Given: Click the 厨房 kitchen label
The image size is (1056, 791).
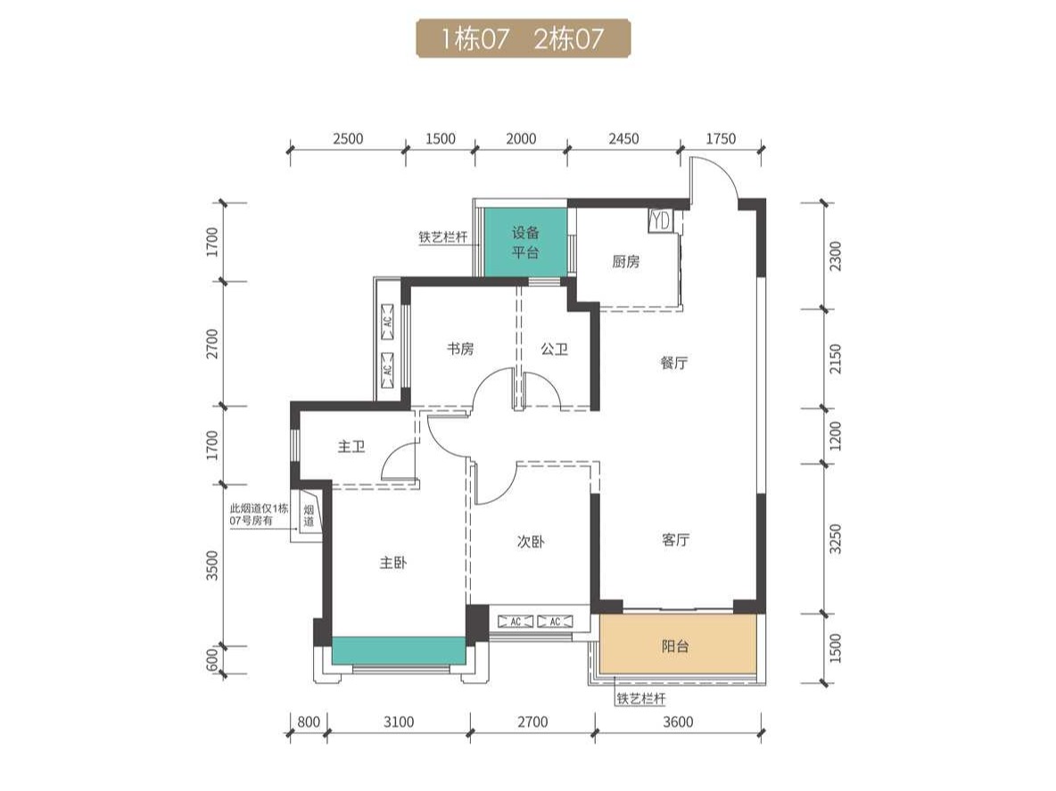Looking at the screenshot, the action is click(x=625, y=262).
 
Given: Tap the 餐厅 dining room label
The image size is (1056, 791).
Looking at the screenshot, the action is click(x=674, y=363).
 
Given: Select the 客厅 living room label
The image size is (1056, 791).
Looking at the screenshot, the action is click(x=675, y=540).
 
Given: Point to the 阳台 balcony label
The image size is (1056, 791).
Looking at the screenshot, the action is click(x=675, y=647).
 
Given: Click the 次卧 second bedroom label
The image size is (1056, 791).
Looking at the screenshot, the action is click(x=531, y=541).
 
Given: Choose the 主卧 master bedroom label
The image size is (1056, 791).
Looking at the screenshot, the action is click(x=393, y=562).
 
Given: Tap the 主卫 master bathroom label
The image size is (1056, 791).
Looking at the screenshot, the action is click(x=351, y=446).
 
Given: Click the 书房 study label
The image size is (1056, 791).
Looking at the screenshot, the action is click(x=460, y=349).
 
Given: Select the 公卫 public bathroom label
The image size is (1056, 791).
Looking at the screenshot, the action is click(x=554, y=349).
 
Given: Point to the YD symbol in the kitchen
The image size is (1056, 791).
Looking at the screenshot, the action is click(x=660, y=221).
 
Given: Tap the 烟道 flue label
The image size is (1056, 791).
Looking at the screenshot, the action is click(x=309, y=515).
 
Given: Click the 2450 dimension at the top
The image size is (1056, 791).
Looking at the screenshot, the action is click(x=623, y=139).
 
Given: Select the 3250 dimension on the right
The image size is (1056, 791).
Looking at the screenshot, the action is click(x=836, y=539).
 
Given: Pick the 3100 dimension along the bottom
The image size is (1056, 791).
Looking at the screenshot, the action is click(x=399, y=721).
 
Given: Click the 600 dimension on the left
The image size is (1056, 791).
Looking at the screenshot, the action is click(x=212, y=660).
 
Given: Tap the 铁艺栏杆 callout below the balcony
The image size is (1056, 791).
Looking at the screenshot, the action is click(x=641, y=699).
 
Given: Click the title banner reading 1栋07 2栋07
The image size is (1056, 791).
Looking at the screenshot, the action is click(x=523, y=38).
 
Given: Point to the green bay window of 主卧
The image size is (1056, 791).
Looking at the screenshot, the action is click(x=399, y=650).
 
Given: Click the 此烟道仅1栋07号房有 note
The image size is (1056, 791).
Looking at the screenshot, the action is click(x=259, y=515).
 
